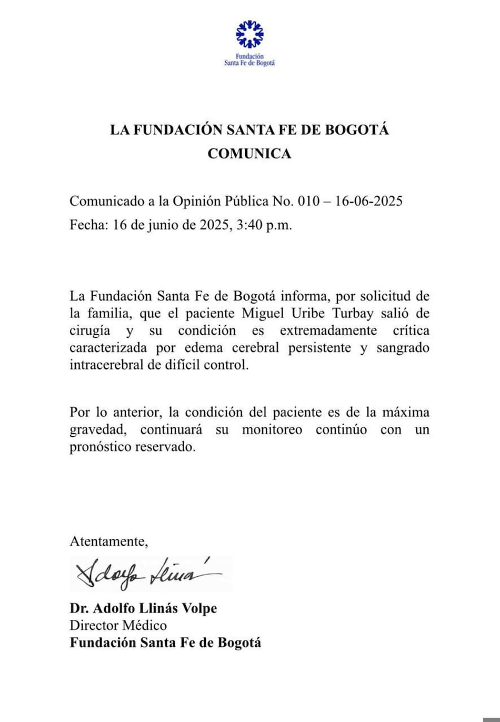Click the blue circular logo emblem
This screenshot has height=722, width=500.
249,34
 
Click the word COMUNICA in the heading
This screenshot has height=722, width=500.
249,153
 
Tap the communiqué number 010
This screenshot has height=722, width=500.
308,201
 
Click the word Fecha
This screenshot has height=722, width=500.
88,225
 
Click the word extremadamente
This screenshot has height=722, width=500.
328,331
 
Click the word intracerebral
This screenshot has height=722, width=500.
106,365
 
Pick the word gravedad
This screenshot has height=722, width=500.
98,430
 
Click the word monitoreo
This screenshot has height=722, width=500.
272,430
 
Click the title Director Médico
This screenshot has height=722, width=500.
118,626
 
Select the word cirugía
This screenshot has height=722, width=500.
90,331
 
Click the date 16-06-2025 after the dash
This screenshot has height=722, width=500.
368,201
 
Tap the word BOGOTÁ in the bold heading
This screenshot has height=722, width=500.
356,129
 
